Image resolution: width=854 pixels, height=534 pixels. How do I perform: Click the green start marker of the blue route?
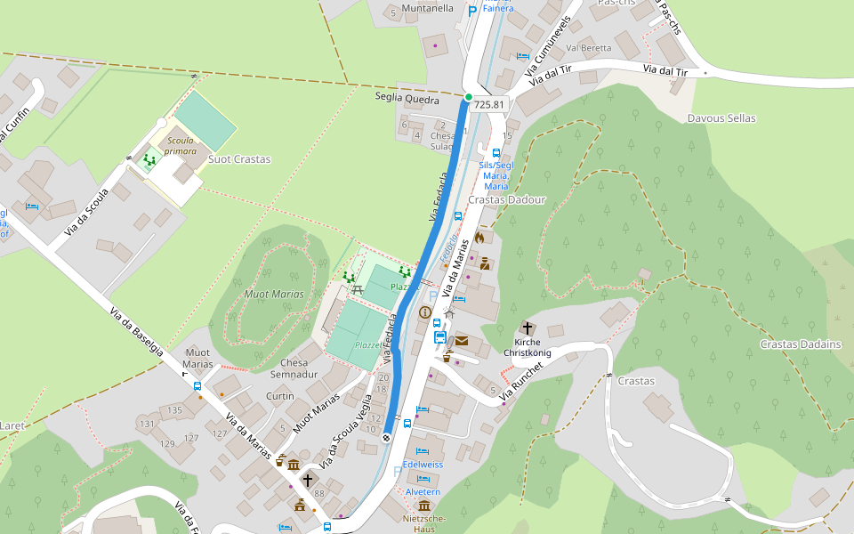click(468, 96)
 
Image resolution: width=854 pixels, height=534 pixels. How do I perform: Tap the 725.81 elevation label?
click(489, 104)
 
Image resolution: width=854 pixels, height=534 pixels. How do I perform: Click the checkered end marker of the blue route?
click(387, 437)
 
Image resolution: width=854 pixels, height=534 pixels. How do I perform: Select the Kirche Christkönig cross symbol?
click(527, 328)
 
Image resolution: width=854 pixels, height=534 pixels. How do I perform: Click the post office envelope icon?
click(462, 341)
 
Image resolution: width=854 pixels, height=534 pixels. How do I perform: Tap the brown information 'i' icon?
click(425, 312)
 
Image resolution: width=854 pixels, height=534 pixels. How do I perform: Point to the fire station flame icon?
click(479, 238)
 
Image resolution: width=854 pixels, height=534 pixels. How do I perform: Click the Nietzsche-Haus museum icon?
click(423, 506)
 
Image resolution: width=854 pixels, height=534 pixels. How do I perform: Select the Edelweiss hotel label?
click(423, 465)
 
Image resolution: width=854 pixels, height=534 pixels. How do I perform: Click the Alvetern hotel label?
click(423, 491)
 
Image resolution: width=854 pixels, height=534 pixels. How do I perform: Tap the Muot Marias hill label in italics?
click(274, 294)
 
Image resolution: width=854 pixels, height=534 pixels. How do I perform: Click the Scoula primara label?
click(181, 146)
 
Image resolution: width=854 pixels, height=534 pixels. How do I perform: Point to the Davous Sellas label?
click(721, 118)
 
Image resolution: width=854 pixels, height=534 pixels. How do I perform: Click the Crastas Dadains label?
click(801, 344)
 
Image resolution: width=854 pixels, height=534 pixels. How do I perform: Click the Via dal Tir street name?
click(665, 70)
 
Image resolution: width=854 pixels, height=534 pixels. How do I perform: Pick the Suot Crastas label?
click(239, 159)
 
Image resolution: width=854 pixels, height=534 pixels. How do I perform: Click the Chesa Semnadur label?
click(294, 368)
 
